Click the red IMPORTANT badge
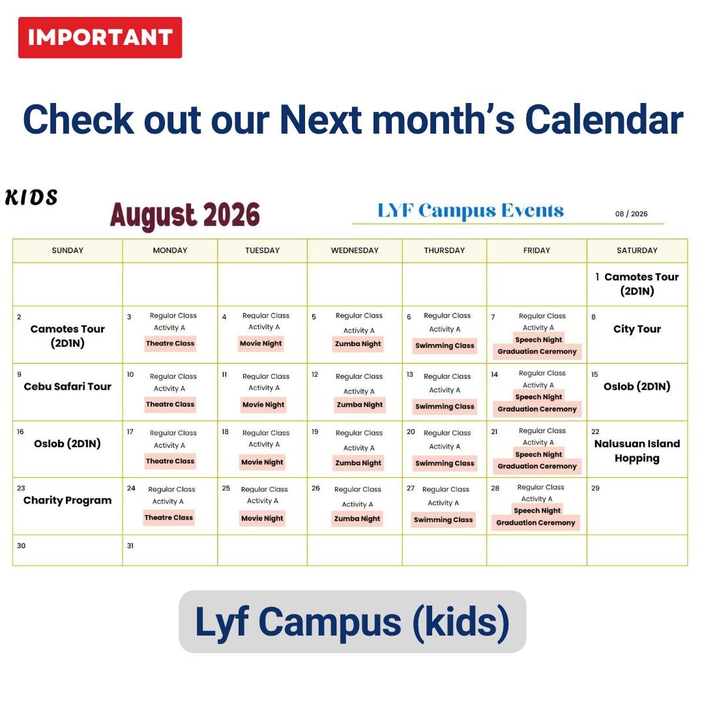tap(100, 38)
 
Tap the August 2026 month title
tap(185, 215)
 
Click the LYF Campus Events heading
tap(471, 211)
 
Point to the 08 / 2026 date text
tap(631, 214)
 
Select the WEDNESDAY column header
tap(355, 250)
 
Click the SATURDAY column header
tap(637, 250)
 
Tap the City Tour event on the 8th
tap(637, 329)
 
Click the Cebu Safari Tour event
tap(67, 387)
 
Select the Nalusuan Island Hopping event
tap(637, 451)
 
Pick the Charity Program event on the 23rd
tap(67, 501)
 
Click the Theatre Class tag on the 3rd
tap(170, 344)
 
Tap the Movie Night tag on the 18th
tap(262, 462)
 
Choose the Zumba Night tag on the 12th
tap(360, 405)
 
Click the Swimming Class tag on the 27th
tap(443, 520)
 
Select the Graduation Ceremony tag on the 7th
tap(537, 351)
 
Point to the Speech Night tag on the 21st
tap(539, 454)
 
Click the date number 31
tap(130, 546)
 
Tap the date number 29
tap(595, 488)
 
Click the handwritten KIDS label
tap(31, 198)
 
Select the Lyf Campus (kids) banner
tap(353, 622)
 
